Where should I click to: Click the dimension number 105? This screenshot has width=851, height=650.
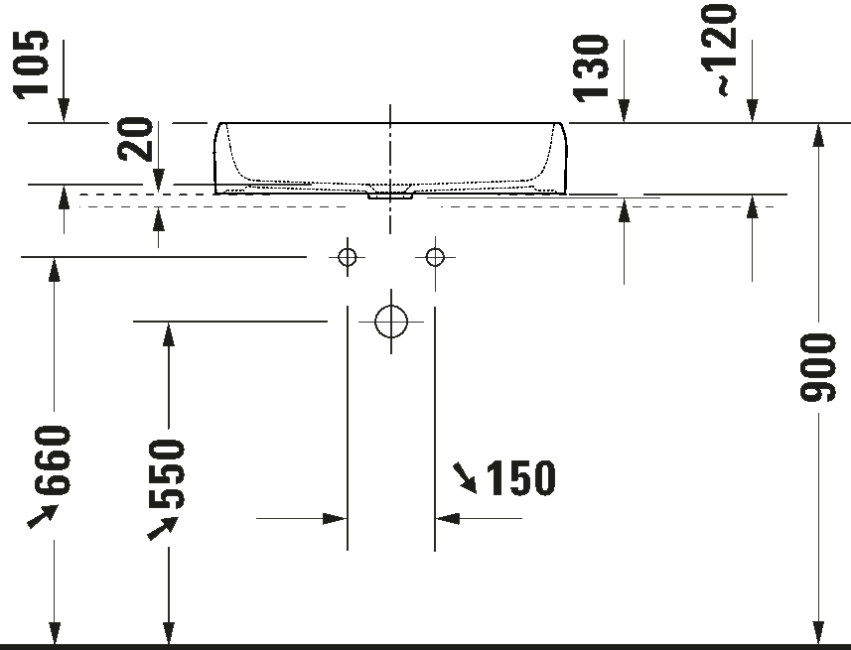point(32,65)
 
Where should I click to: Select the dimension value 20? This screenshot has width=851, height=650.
point(135,139)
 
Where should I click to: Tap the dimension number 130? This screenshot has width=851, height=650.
point(592,67)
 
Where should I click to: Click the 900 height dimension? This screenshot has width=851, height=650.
point(817,368)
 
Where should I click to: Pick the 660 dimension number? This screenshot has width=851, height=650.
point(53,460)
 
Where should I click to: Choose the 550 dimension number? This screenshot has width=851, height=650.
point(167,473)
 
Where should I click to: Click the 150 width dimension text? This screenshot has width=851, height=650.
point(520,478)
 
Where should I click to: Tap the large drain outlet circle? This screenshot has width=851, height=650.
point(391,322)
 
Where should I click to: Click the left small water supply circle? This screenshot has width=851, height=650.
point(348,257)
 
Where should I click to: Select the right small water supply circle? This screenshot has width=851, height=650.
point(435,257)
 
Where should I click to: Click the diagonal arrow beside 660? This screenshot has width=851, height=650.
point(43,515)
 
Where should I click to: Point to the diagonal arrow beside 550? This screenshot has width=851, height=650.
point(162,528)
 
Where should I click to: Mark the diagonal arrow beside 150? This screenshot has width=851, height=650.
point(466,477)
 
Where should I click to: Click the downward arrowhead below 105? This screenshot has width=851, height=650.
point(64,111)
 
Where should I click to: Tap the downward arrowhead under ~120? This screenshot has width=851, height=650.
point(752,111)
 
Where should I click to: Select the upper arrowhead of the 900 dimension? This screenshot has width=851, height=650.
point(818,135)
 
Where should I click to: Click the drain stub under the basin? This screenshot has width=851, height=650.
point(390,196)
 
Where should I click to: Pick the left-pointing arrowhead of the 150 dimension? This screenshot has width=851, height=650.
point(447,519)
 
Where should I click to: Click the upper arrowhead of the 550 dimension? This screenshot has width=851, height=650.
point(169,333)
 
